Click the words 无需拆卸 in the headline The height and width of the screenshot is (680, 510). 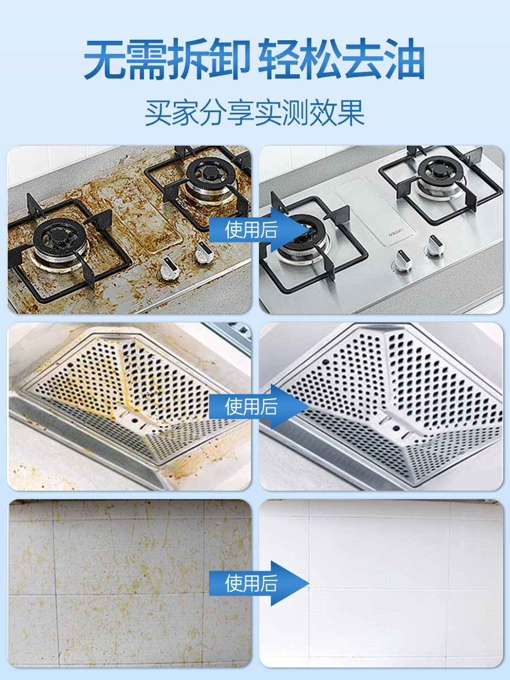(165, 60)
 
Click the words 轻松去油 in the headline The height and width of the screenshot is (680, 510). (341, 60)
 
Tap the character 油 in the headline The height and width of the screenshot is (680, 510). (403, 60)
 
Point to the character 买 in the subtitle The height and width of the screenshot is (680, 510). (158, 113)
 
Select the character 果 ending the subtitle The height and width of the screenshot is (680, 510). (351, 113)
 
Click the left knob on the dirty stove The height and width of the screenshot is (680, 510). (168, 267)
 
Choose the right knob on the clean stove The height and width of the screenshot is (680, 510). (434, 246)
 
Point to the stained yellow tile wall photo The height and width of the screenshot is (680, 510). (129, 584)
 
